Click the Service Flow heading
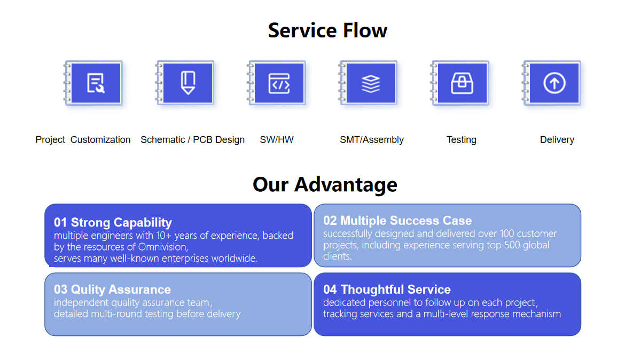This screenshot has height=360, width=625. coord(327,30)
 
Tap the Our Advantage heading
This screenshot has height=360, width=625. coord(325,185)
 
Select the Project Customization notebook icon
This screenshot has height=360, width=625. coord(93,83)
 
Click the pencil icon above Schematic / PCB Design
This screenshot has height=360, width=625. coord(187,83)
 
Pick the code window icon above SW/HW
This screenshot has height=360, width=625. coord(279,83)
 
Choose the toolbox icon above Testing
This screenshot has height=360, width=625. coord(462,83)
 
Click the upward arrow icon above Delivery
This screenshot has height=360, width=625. coord(554,83)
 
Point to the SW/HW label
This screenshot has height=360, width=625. coord(277,139)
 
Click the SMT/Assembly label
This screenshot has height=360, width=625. coord(371,140)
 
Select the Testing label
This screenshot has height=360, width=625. coord(461,140)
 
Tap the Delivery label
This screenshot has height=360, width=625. coord(557,140)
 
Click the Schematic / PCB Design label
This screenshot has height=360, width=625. coord(192,140)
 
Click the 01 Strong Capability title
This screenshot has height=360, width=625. coord(113,222)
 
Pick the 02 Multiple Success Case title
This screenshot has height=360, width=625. coord(397,221)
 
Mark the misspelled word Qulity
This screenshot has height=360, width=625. coord(88,290)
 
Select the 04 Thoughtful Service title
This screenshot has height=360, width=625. coord(387,289)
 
